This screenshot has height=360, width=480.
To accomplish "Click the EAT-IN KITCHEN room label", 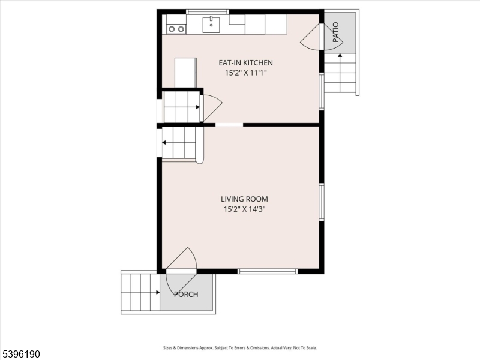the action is pyautogui.click(x=245, y=63).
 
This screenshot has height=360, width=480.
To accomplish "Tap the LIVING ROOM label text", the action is pyautogui.click(x=244, y=199).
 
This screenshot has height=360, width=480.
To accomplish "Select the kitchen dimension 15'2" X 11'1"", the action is pyautogui.click(x=245, y=73).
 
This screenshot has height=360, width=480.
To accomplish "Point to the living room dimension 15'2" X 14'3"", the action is pyautogui.click(x=244, y=209).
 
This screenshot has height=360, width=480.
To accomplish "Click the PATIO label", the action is pyautogui.click(x=336, y=32).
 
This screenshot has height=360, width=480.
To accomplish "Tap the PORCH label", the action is pyautogui.click(x=186, y=295).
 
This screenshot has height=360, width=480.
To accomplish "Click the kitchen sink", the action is pyautogui.click(x=211, y=25).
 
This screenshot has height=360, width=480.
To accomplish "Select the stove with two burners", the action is pyautogui.click(x=176, y=29).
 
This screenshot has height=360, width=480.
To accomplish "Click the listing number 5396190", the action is pyautogui.click(x=20, y=354).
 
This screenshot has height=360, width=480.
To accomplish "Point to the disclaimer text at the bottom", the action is pyautogui.click(x=240, y=348).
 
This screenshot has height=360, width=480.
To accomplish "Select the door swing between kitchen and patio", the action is pyautogui.click(x=309, y=37).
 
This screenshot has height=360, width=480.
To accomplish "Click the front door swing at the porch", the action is pyautogui.click(x=182, y=270).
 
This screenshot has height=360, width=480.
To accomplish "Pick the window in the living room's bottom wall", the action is pyautogui.click(x=268, y=271).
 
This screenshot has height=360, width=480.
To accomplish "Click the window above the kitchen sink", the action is pyautogui.click(x=208, y=11).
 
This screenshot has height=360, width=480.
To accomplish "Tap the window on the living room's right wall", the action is pyautogui.click(x=322, y=202).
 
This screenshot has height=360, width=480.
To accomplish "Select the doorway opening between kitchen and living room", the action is pyautogui.click(x=229, y=125).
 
